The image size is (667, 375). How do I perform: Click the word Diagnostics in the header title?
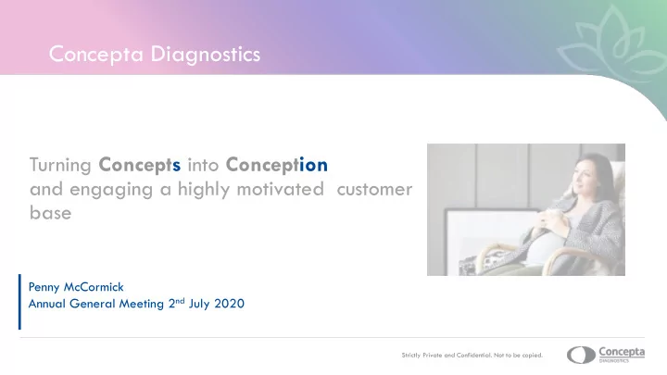(206, 55)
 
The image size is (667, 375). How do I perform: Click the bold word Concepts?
(140, 166)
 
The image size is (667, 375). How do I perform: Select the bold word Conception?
(276, 166)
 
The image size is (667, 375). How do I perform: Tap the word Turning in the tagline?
(60, 166)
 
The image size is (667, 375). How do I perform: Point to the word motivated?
(281, 189)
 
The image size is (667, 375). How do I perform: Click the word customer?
(374, 190)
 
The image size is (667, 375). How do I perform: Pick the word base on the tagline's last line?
(50, 213)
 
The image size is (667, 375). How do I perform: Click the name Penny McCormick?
(76, 288)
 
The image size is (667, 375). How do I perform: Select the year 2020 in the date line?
(230, 304)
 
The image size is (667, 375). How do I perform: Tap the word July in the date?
(199, 305)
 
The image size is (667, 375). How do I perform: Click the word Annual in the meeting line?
(47, 304)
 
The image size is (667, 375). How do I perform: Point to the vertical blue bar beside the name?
(19, 302)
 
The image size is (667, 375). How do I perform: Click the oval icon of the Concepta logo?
(581, 356)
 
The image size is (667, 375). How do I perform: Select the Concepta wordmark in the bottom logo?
(622, 353)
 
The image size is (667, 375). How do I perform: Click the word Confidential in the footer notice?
(473, 356)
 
